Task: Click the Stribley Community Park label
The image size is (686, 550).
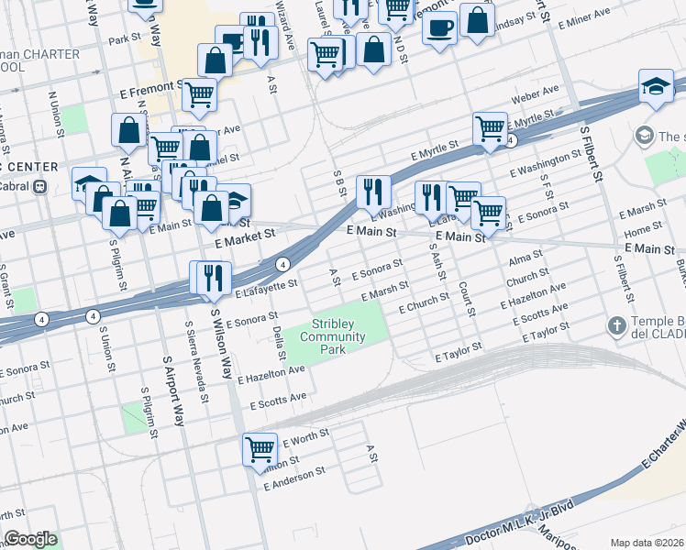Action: click(338, 330)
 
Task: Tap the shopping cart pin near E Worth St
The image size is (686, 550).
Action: click(260, 450)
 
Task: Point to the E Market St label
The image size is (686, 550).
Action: click(245, 235)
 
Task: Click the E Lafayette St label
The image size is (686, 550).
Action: click(267, 288)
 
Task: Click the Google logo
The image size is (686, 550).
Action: click(30, 539)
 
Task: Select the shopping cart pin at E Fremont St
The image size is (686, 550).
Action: click(198, 93)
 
